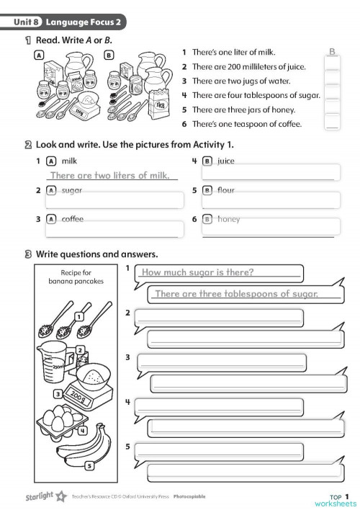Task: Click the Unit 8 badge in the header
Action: pyautogui.click(x=27, y=23)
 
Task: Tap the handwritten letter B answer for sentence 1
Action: pyautogui.click(x=332, y=52)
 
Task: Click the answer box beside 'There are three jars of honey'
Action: pyautogui.click(x=332, y=108)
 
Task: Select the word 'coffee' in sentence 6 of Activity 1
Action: pyautogui.click(x=269, y=124)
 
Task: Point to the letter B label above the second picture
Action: pyautogui.click(x=109, y=55)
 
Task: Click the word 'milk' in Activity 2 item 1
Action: pyautogui.click(x=69, y=161)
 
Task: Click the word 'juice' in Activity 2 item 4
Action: pyautogui.click(x=226, y=161)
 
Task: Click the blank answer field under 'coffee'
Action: pyautogui.click(x=114, y=230)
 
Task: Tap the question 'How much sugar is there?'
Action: pyautogui.click(x=198, y=272)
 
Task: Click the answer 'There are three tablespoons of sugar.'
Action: pyautogui.click(x=236, y=293)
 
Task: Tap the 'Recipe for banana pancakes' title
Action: pyautogui.click(x=76, y=277)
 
